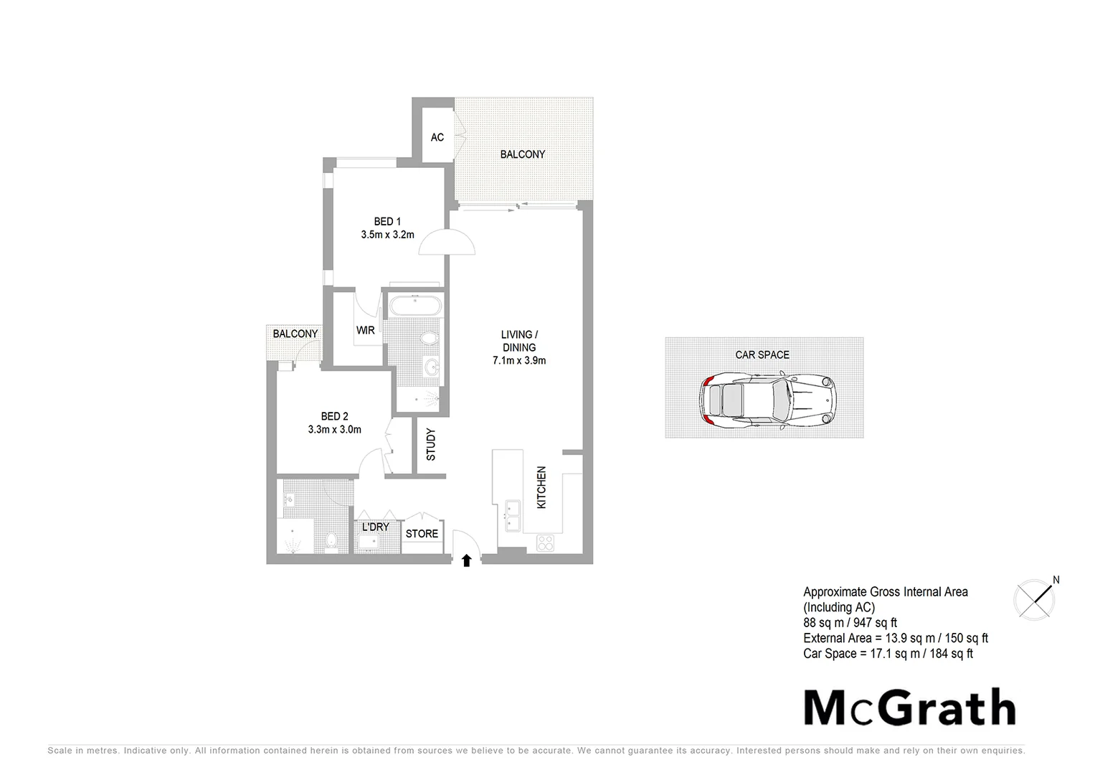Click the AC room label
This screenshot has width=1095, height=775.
[x=437, y=137]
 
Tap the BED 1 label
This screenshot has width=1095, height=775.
[x=387, y=221]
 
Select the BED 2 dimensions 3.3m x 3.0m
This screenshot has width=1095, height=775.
[x=334, y=430]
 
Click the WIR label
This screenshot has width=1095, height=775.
[x=366, y=331]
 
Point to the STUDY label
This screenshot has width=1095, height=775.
[x=431, y=444]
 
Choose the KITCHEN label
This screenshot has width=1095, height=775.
[x=541, y=487]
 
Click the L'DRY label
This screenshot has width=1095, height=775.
[x=375, y=527]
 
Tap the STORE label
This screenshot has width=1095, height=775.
[x=422, y=534]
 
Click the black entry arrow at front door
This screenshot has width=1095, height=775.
[x=467, y=560]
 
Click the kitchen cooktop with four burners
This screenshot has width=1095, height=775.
[x=546, y=543]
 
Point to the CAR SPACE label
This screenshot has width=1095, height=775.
[x=762, y=354]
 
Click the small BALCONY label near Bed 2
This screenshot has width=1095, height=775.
[x=295, y=334]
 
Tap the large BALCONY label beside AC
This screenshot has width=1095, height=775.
[x=523, y=154]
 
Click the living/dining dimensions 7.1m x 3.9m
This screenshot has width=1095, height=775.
[x=519, y=360]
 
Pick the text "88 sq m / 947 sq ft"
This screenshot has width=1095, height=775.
[x=850, y=623]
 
